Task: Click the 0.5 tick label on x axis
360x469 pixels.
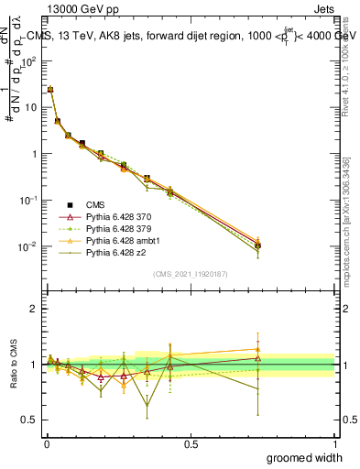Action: [191, 442]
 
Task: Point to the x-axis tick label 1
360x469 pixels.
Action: [334, 442]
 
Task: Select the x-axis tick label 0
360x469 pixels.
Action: [47, 442]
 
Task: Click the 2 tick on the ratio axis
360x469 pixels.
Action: [34, 310]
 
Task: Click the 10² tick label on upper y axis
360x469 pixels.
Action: [29, 61]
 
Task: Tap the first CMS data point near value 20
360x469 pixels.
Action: [50, 90]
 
